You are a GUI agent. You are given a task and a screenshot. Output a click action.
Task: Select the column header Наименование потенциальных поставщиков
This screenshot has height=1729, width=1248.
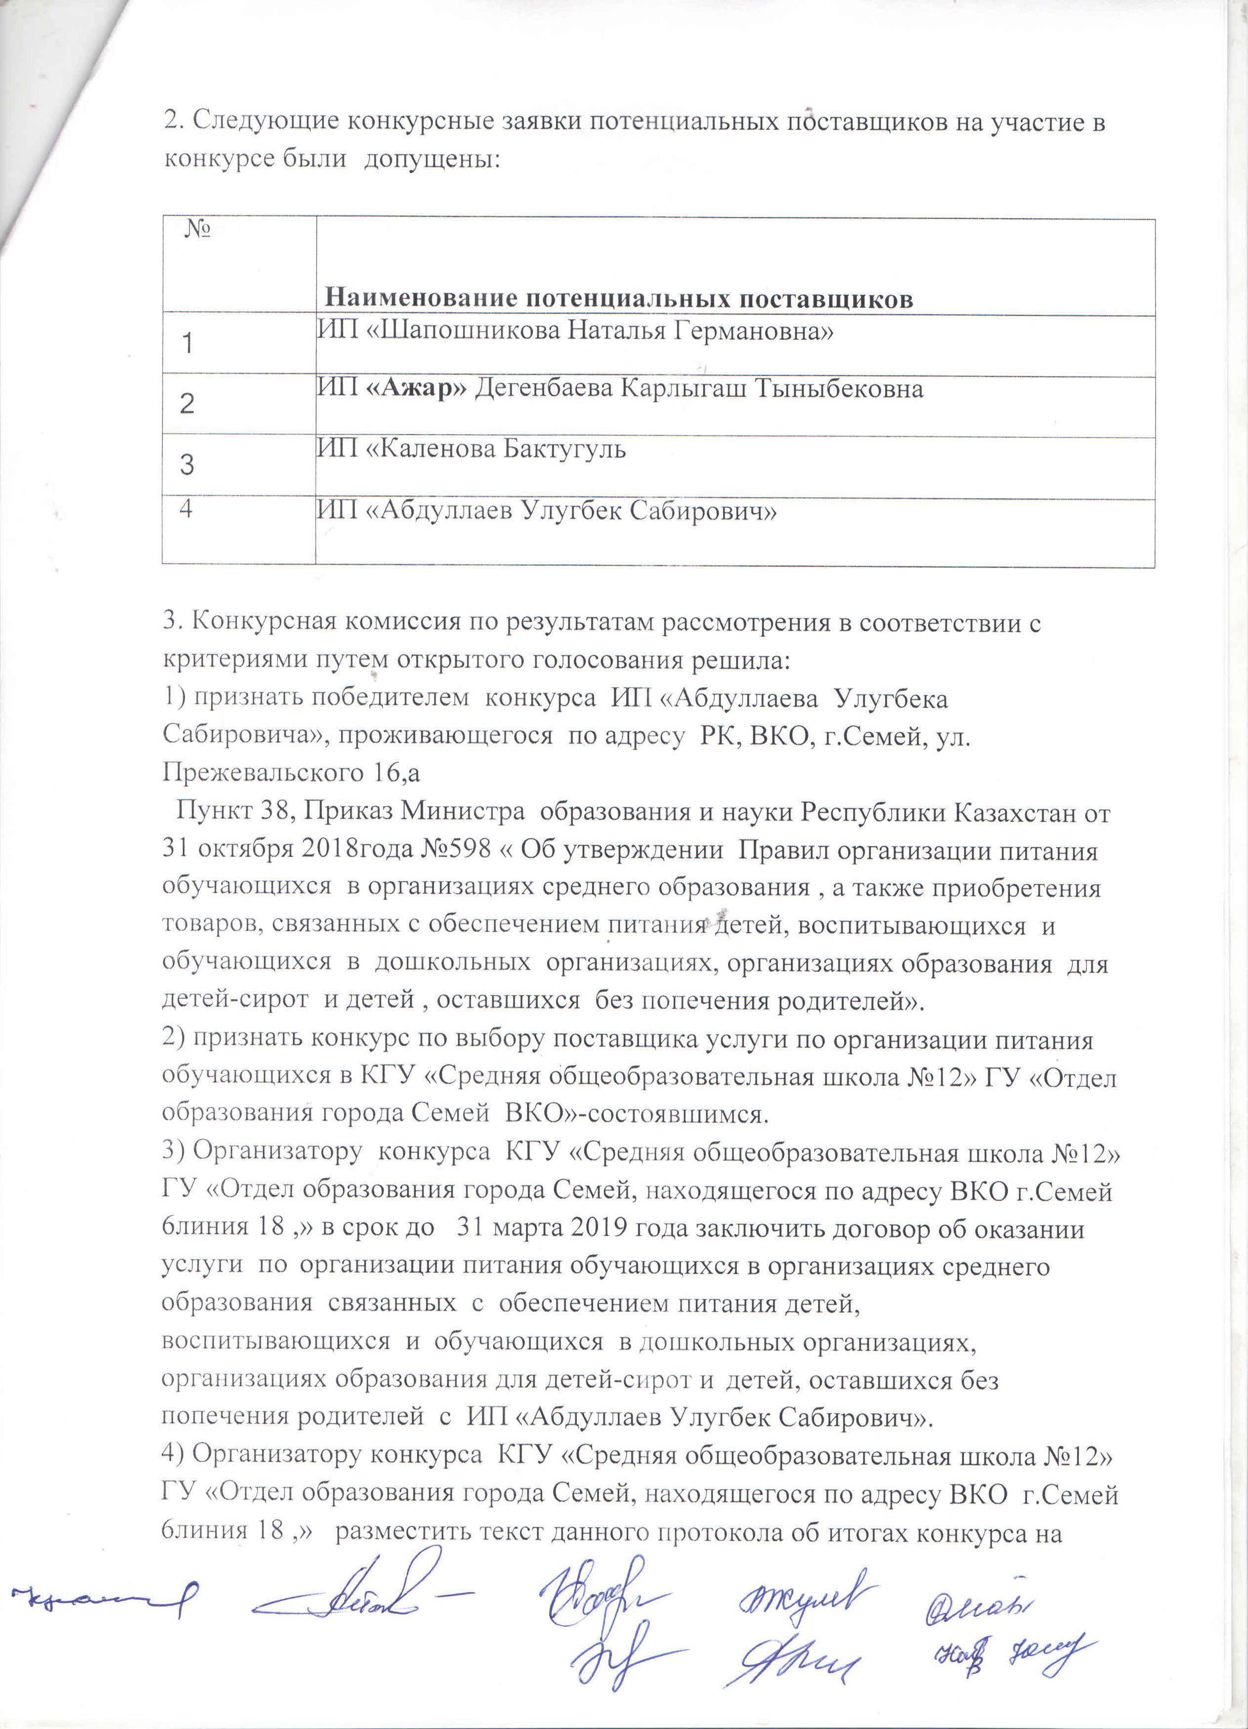619,298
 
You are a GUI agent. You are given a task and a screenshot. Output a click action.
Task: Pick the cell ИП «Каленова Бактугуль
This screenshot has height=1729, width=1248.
472,449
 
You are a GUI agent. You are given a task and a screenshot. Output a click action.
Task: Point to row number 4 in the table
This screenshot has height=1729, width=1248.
185,510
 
